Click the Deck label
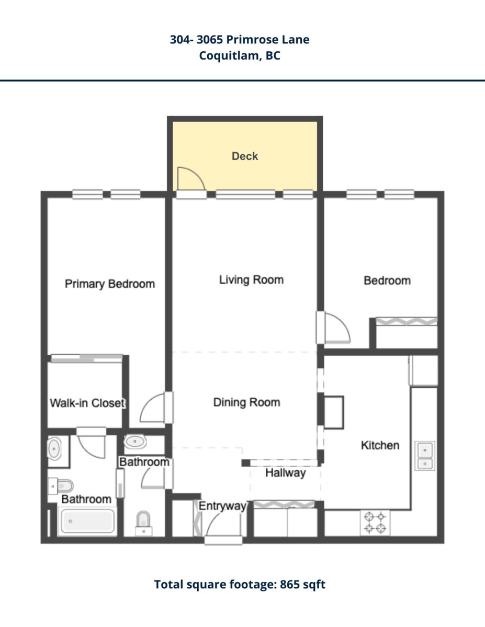coord(245,156)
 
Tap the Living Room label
coord(251,280)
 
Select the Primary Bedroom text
coord(110,284)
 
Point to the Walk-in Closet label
coord(87,403)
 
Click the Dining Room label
coord(247,402)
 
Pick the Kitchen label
coord(380,446)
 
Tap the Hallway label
coord(285,473)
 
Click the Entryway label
coord(222,506)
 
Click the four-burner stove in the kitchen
coord(375,522)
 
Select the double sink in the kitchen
coord(425,456)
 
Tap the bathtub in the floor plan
coord(87,521)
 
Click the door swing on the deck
coord(190,178)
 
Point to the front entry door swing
coord(223,524)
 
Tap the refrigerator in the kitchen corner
coord(423,370)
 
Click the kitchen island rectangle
coord(334,412)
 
